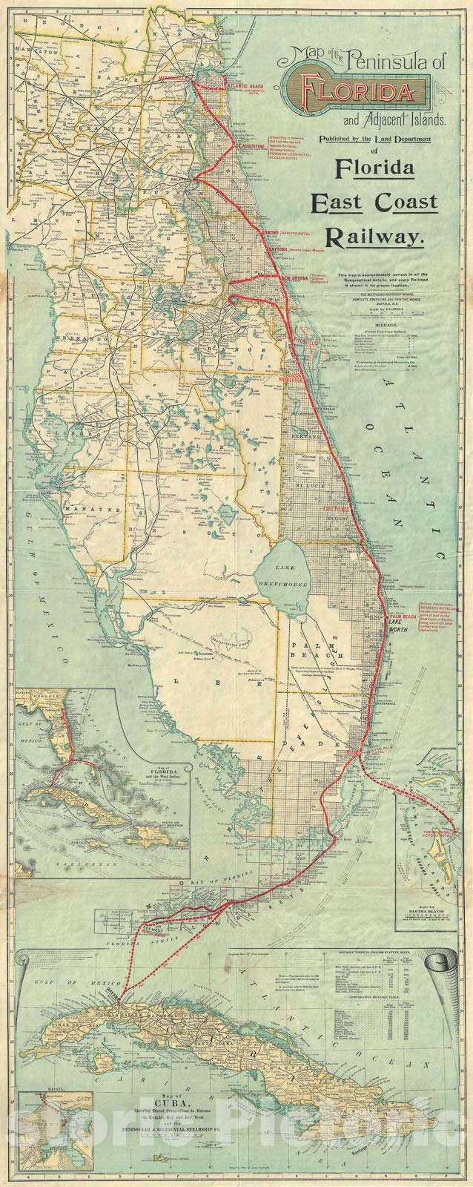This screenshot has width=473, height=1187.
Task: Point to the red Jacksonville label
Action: point(174,77)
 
